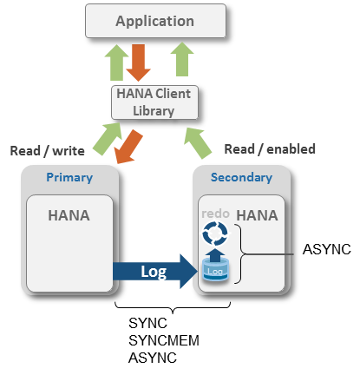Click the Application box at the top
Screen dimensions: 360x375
pos(155,21)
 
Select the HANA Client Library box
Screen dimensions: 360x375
pos(154,102)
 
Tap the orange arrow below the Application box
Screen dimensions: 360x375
pos(139,62)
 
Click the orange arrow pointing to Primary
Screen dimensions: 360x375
pos(128,147)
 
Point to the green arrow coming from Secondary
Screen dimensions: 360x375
pos(198,143)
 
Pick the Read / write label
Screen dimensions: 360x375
pos(48,151)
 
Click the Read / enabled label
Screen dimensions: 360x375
pos(270,149)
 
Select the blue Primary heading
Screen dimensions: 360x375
pos(69,177)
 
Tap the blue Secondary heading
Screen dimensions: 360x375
pos(241,177)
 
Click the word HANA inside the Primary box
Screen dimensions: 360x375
pos(69,215)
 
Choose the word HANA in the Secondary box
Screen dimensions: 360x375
pos(257,215)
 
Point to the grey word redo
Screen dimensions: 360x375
pos(215,214)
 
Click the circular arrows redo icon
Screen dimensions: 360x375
pos(215,234)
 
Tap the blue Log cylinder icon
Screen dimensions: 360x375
pos(215,270)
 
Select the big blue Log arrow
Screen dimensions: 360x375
pos(155,272)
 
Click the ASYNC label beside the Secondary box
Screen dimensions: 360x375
pos(327,249)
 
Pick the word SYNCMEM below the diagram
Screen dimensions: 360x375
pos(164,340)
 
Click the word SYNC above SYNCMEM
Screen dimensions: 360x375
pos(147,323)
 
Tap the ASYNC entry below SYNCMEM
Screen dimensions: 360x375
pos(153,358)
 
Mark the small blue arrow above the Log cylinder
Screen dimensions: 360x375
pos(215,254)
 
